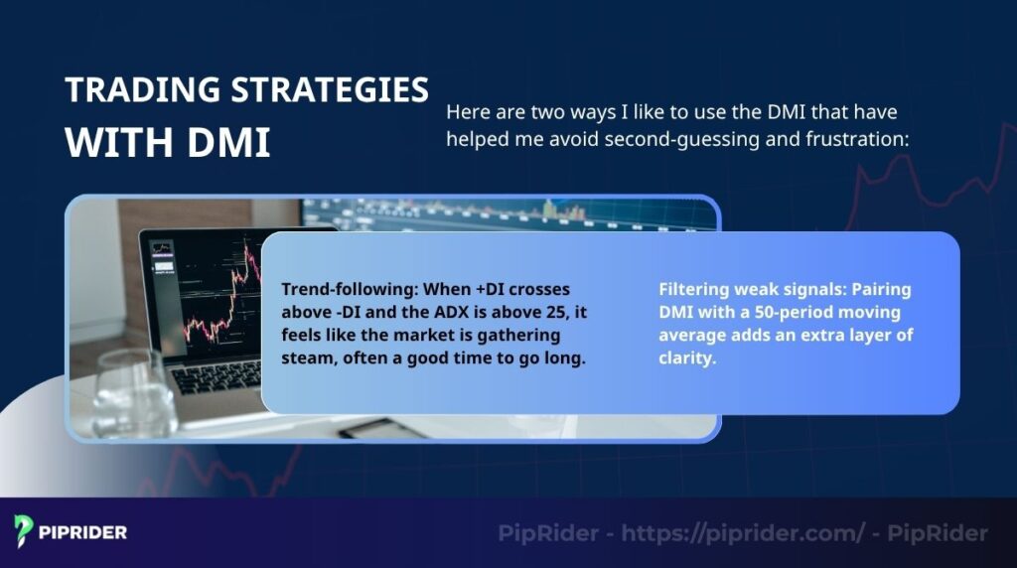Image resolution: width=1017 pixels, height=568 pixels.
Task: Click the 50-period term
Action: click(789, 313)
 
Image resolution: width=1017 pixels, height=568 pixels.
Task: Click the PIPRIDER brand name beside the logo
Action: click(83, 533)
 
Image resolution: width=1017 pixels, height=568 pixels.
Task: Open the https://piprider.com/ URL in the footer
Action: click(743, 533)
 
